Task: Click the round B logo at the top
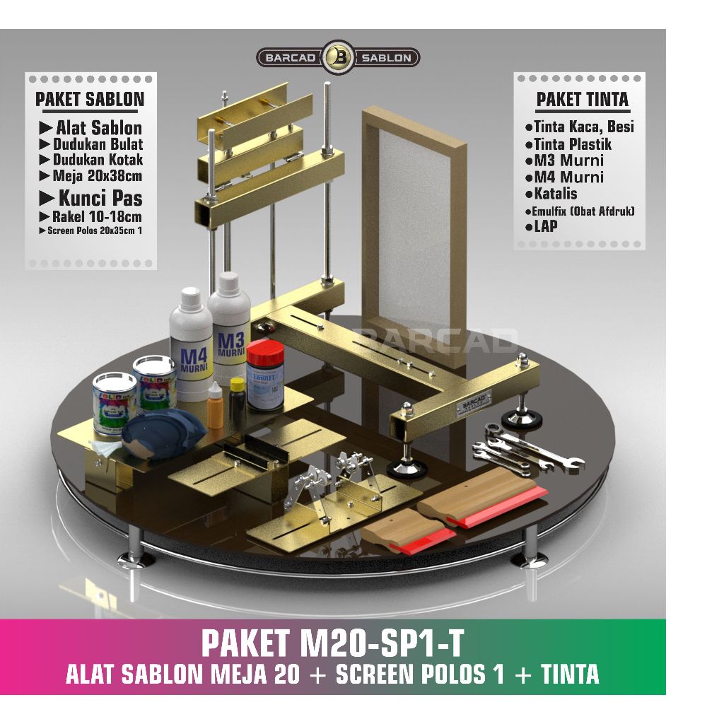coord(338,57)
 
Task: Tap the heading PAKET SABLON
coord(90,99)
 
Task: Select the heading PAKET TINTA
coord(582,99)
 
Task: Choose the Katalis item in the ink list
coord(551,194)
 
